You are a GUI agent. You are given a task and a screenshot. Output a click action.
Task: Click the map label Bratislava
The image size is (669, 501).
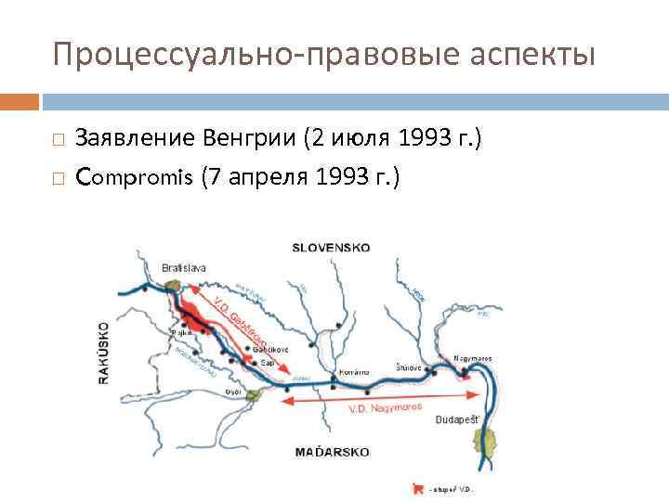tap(184, 267)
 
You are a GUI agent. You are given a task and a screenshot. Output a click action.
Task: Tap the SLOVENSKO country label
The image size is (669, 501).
tap(331, 248)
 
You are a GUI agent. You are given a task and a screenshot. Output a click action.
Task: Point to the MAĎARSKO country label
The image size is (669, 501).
tap(332, 452)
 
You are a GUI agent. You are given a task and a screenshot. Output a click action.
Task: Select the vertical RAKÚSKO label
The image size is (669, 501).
tap(104, 353)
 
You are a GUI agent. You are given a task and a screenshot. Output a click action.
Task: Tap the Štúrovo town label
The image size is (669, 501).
tap(410, 367)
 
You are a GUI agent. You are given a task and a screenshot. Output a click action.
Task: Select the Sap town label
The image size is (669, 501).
tap(267, 363)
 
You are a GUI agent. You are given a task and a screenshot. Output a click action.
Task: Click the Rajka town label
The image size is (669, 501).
tap(181, 331)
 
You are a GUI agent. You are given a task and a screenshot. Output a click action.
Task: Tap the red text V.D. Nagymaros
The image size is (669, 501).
tap(385, 406)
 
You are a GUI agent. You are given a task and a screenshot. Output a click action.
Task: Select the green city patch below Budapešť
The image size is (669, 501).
tap(480, 437)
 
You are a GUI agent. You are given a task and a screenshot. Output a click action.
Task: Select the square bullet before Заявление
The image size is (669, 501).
tap(58, 139)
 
